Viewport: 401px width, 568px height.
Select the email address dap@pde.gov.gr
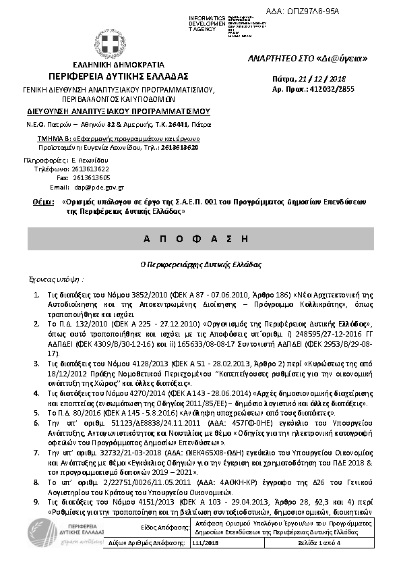click(x=99, y=186)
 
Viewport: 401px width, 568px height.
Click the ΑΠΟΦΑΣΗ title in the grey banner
click(x=200, y=239)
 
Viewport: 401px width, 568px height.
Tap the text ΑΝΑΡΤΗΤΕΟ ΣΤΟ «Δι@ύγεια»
click(x=307, y=58)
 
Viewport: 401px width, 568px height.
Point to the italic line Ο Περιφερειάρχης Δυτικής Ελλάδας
click(x=200, y=264)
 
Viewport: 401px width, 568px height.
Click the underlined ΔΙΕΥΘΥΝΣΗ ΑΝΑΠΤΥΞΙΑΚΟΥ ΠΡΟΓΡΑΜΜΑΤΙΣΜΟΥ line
click(x=119, y=111)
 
